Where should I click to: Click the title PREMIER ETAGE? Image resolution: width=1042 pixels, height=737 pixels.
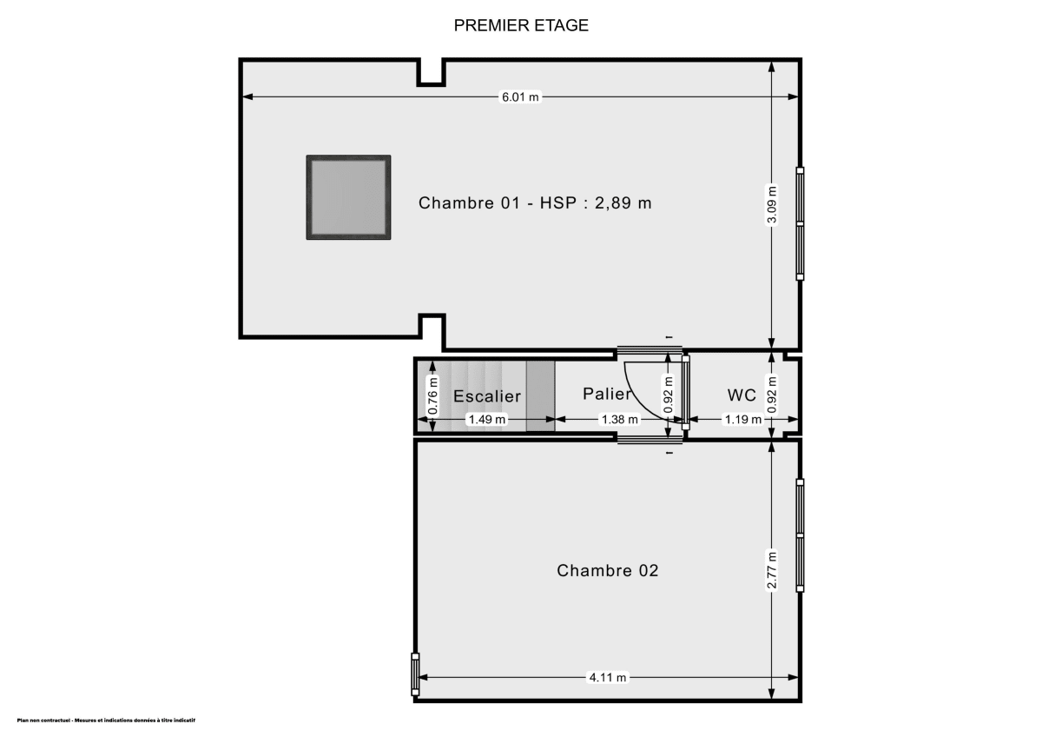click(x=521, y=25)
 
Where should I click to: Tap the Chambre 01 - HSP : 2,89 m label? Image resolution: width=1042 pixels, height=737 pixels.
click(x=535, y=203)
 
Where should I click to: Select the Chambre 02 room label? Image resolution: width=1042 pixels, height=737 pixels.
click(x=607, y=570)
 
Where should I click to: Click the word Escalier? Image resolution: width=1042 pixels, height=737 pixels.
click(x=487, y=396)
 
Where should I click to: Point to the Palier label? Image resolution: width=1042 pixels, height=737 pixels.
click(x=607, y=394)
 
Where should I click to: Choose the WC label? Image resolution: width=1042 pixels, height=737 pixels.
click(x=741, y=395)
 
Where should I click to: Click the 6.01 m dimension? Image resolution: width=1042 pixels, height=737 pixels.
click(x=520, y=97)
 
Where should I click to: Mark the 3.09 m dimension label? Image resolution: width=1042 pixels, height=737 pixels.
click(x=772, y=204)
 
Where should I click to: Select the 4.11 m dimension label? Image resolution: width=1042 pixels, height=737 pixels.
click(x=608, y=678)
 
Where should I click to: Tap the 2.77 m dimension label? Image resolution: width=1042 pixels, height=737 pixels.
click(x=772, y=571)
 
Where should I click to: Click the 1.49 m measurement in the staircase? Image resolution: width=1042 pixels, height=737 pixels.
click(x=487, y=419)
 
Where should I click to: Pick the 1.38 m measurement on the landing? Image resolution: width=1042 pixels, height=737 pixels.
click(x=620, y=419)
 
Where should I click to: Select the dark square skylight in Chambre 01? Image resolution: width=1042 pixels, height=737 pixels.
click(x=348, y=197)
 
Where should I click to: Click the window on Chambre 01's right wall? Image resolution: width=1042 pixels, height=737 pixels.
click(x=800, y=223)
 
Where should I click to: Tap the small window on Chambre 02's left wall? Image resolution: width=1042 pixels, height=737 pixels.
click(x=415, y=674)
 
